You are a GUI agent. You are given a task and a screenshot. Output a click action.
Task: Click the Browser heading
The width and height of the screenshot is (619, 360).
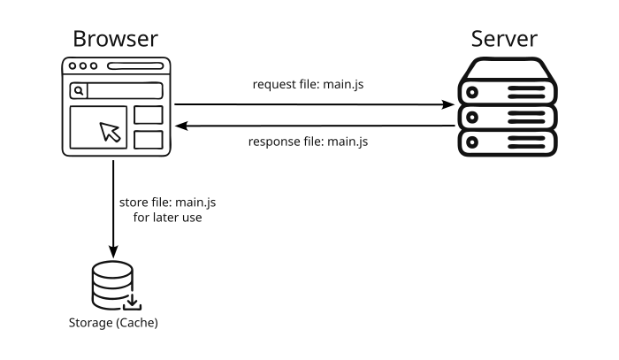115,39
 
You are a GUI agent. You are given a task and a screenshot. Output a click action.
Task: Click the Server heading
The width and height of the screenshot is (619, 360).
504,39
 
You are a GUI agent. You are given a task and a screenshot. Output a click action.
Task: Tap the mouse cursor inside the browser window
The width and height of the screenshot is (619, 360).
110,132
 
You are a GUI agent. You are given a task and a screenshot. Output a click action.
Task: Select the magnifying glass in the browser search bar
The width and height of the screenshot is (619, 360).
79,90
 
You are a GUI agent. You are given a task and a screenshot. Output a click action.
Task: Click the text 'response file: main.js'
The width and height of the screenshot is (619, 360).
307,142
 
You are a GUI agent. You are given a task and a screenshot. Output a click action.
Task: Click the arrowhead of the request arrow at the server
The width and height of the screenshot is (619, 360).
447,104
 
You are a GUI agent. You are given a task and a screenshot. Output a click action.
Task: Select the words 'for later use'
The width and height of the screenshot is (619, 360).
167,217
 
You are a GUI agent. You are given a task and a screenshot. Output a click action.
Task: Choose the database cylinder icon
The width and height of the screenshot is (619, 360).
111,284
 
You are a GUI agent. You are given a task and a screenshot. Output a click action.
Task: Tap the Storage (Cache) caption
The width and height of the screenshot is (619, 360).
113,323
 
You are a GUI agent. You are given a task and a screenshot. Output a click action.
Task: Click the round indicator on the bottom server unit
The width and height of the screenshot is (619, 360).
472,142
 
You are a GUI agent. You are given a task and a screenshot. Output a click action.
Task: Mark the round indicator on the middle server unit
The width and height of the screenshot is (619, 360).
472,116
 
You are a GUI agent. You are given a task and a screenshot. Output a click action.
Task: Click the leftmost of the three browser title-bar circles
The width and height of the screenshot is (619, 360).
73,66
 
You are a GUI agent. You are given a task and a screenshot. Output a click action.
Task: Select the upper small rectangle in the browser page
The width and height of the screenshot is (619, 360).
149,115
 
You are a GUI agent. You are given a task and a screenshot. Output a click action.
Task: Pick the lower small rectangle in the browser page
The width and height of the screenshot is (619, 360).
149,139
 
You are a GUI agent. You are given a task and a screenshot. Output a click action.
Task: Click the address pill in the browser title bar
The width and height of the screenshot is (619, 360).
134,66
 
